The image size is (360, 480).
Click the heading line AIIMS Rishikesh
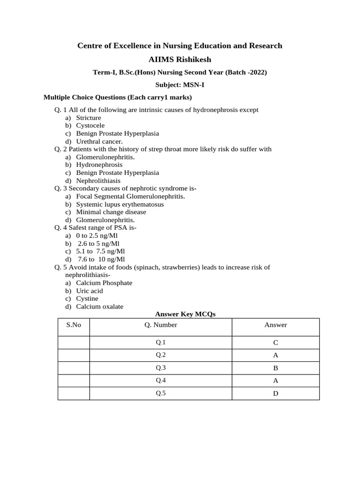[180, 60]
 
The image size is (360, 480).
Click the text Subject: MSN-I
[180, 85]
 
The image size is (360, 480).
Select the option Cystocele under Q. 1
[90, 126]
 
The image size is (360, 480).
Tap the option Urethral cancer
[99, 141]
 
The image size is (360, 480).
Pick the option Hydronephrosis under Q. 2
[99, 165]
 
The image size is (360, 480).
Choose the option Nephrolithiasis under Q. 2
[98, 180]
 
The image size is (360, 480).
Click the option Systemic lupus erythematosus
[120, 204]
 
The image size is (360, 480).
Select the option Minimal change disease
[111, 212]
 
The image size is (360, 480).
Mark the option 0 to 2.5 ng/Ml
[97, 236]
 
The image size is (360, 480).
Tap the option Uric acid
[90, 291]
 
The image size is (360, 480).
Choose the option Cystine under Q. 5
[87, 299]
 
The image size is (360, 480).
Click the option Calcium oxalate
[100, 307]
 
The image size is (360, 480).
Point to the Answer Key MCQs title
[185, 315]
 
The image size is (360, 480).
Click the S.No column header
[74, 325]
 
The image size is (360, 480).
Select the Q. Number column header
[161, 325]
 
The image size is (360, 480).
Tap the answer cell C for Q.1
[276, 343]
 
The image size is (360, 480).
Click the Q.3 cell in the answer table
[161, 368]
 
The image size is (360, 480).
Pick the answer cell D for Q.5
[276, 393]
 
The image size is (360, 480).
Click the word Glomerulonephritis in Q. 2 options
[105, 157]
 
